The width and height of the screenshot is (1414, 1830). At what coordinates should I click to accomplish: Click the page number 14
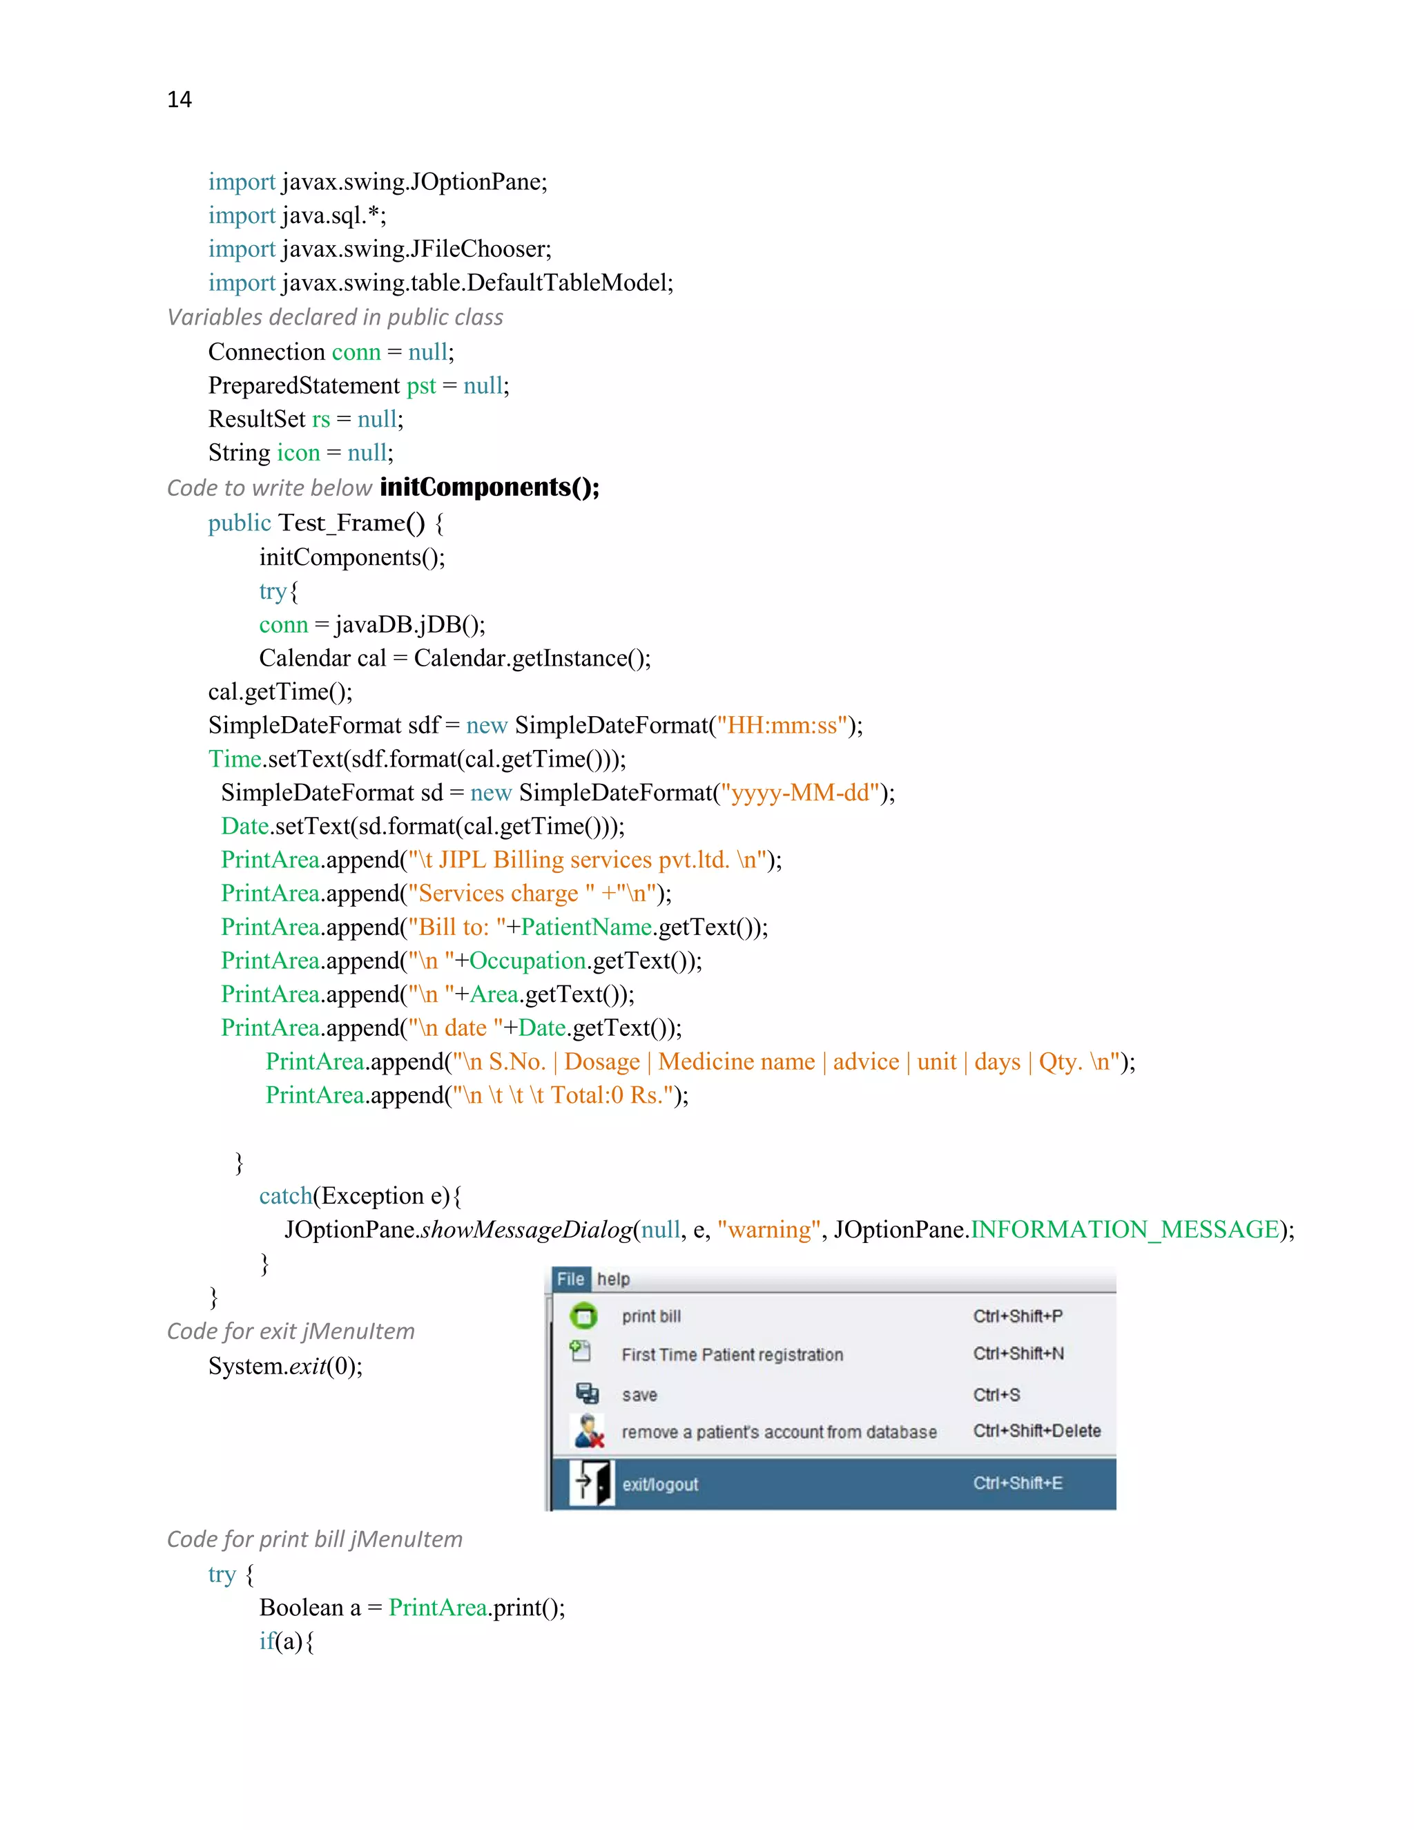180,99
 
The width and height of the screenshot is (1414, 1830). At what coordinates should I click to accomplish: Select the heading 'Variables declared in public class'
335,318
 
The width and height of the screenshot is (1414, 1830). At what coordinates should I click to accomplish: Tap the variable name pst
420,385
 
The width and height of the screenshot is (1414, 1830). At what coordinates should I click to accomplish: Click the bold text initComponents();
490,487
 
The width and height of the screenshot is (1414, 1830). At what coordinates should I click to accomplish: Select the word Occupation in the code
527,961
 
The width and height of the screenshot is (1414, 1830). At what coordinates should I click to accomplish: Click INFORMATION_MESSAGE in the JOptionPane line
1125,1229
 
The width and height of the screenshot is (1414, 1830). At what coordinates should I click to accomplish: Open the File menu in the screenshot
570,1280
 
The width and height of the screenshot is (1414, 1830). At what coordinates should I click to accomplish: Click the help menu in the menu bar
613,1280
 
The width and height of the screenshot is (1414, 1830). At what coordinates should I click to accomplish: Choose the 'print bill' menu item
652,1316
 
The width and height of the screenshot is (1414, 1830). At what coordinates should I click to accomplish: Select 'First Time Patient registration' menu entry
732,1355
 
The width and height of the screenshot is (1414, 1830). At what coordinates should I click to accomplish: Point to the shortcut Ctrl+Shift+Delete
1036,1431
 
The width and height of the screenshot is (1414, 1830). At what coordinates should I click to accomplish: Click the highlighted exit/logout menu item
660,1484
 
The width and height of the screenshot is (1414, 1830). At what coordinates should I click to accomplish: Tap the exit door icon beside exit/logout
590,1483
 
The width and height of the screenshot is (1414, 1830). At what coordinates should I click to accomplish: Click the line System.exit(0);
286,1367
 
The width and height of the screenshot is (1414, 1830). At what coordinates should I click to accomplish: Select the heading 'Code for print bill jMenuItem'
314,1539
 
